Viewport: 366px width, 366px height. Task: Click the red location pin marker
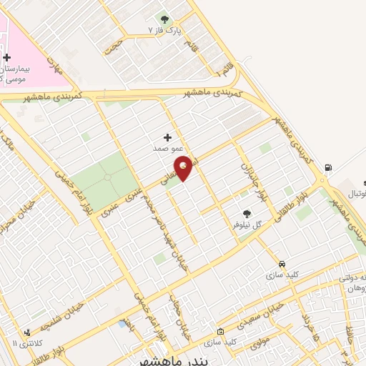[184, 167]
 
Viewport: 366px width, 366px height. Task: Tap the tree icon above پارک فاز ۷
[164, 19]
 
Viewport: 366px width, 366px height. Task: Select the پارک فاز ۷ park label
[161, 31]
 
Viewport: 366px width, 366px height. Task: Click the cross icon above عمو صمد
[168, 137]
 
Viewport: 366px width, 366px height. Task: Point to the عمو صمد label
[164, 149]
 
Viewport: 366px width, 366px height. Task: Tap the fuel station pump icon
[328, 168]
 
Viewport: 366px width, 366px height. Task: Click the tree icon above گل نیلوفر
[247, 212]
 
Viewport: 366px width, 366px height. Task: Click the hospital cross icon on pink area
[6, 57]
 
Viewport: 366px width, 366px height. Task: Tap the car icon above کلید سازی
[282, 263]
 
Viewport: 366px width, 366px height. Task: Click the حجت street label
[112, 45]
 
